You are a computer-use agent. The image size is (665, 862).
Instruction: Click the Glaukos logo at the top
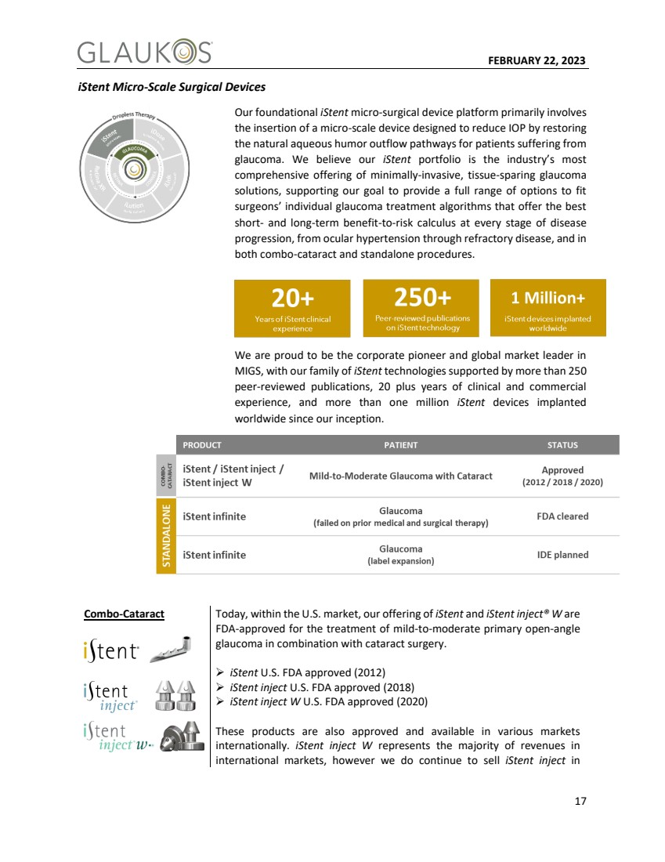144,53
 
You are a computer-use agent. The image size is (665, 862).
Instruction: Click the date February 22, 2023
537,61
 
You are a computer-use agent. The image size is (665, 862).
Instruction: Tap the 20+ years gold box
292,308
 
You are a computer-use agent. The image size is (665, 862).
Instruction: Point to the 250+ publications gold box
421,307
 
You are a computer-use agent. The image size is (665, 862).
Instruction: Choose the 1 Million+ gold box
548,307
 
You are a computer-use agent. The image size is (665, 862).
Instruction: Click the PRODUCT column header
202,445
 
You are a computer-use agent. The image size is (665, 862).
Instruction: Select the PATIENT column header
400,445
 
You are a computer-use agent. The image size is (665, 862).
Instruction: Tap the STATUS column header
562,445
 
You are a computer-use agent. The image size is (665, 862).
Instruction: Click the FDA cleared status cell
562,516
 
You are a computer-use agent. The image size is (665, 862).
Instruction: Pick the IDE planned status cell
562,555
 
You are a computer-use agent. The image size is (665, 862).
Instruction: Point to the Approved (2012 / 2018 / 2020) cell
562,476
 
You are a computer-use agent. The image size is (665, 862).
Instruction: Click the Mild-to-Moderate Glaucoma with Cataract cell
400,476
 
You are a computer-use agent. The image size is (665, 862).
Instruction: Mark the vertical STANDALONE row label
166,536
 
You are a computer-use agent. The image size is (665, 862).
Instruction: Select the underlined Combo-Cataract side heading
124,614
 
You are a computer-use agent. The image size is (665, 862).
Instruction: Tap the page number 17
579,801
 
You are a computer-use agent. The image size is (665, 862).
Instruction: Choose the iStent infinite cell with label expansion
214,555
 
